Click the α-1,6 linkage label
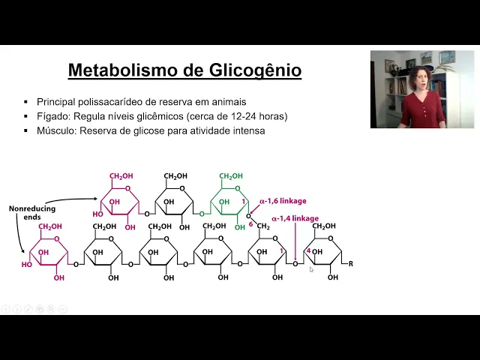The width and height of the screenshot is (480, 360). coord(283,201)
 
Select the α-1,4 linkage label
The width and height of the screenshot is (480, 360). coord(295,218)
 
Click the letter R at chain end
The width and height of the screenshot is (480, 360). coord(350,263)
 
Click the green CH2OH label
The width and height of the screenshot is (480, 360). coord(231,176)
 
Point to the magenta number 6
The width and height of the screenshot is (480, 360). coord(250,223)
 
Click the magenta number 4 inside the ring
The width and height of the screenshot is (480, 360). coord(308,251)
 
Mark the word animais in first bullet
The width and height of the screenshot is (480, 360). coord(227,102)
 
